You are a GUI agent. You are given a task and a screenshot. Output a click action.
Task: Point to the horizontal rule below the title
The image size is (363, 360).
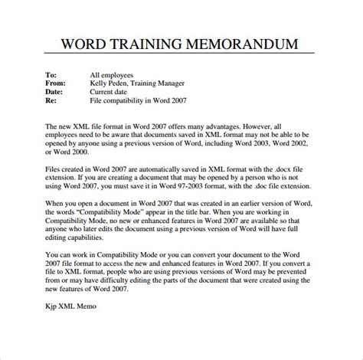181,55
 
